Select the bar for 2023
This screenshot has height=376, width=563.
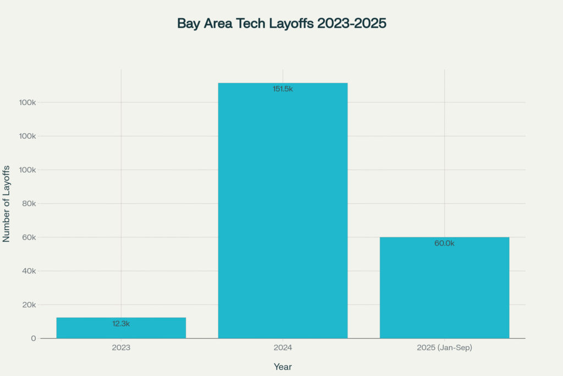(121, 328)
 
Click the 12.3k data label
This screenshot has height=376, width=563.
(121, 324)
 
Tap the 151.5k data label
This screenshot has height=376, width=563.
(283, 89)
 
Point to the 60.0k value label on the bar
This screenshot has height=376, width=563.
(444, 243)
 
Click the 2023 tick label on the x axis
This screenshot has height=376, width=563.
(121, 348)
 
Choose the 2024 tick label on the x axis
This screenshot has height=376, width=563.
(283, 348)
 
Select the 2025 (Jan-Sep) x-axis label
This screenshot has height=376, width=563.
(444, 348)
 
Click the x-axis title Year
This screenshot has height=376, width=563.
(283, 366)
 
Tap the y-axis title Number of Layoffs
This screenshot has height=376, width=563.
(7, 203)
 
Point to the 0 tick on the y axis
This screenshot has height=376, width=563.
(34, 339)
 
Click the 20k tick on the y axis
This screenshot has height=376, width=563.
(27, 305)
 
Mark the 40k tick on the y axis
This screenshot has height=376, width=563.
(27, 271)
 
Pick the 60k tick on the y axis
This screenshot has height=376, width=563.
(27, 237)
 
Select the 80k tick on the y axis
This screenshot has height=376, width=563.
(27, 204)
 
